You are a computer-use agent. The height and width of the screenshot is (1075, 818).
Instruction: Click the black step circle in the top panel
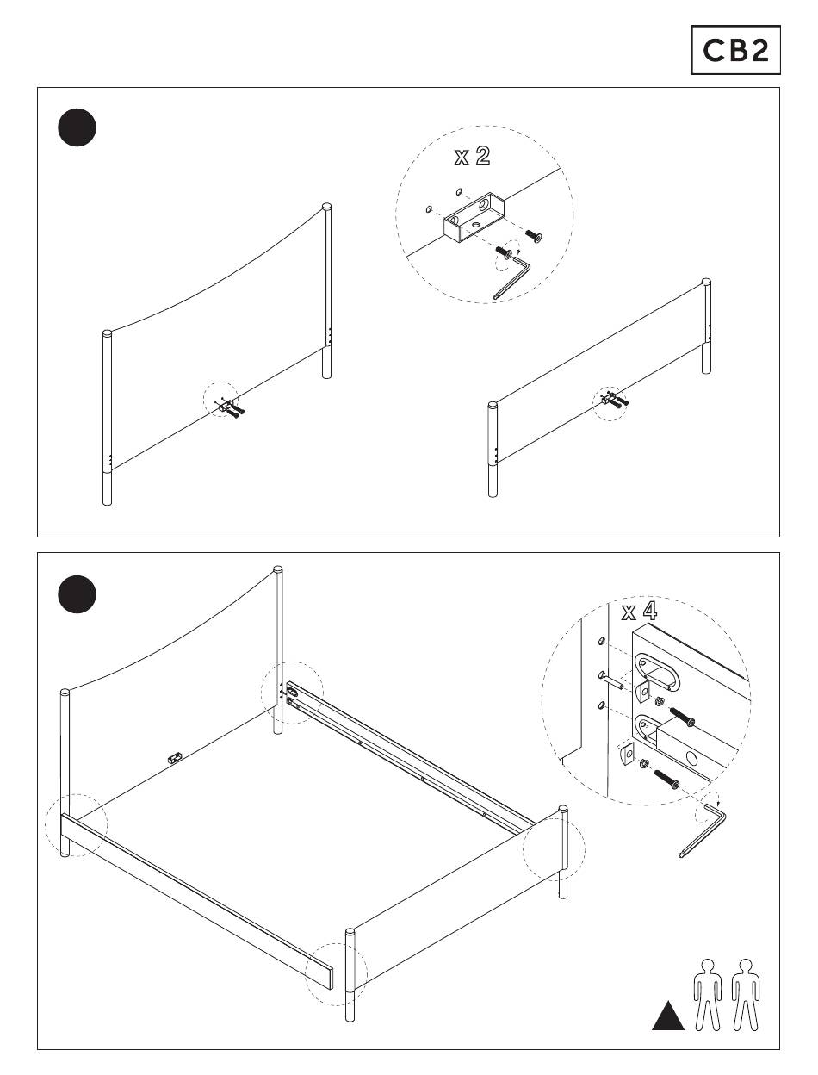pos(77,127)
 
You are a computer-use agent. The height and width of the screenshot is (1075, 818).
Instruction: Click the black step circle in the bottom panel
pos(77,593)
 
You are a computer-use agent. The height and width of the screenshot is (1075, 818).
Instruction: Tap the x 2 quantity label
pos(473,157)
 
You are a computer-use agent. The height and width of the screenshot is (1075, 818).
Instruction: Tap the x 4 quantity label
pos(639,612)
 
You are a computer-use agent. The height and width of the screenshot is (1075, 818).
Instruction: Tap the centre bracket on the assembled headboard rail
pos(175,757)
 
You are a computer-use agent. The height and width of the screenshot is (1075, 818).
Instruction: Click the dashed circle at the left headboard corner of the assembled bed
pos(76,825)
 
